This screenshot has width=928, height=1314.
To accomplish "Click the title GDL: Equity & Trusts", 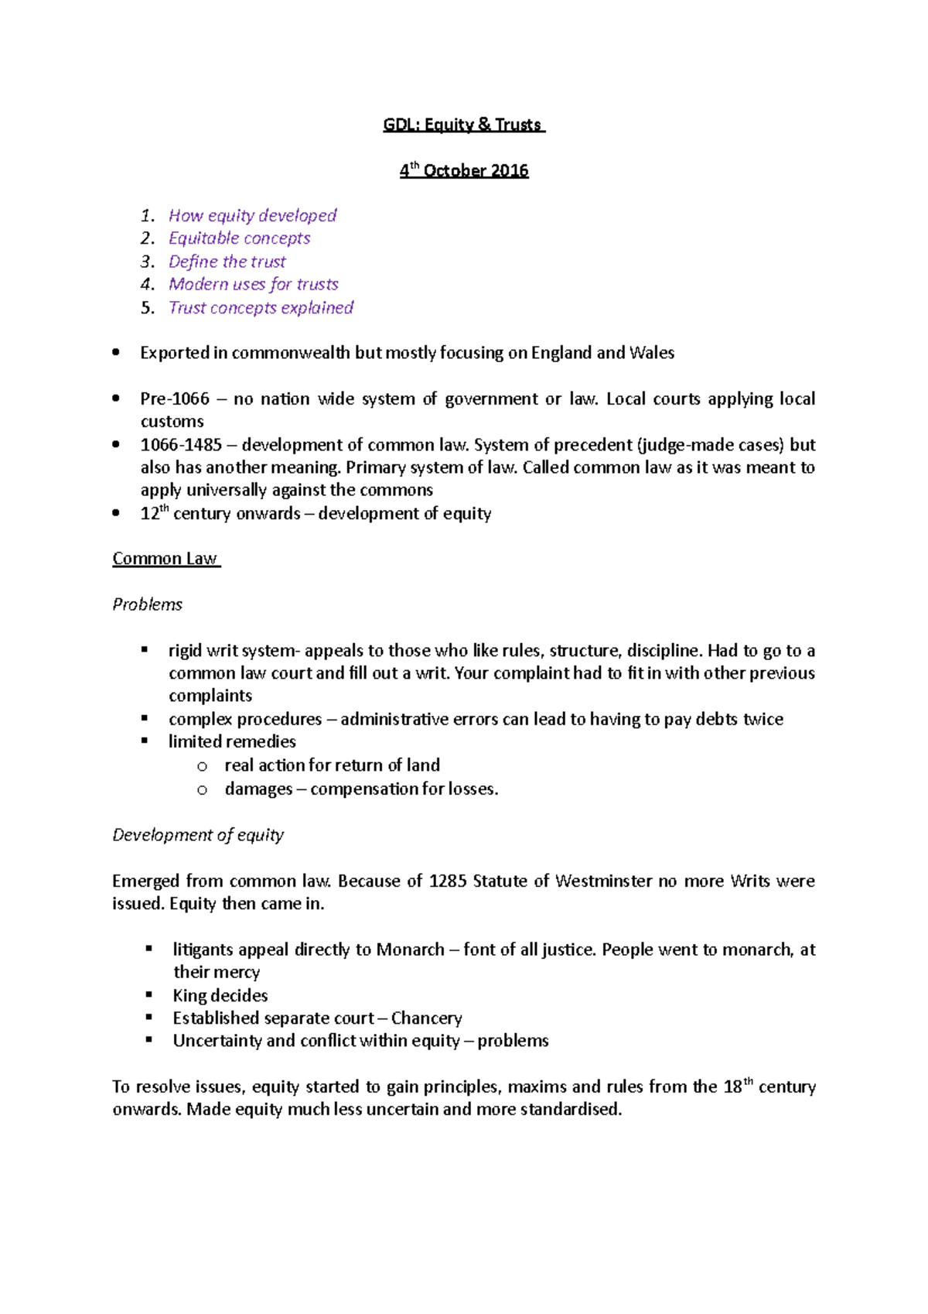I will pyautogui.click(x=463, y=125).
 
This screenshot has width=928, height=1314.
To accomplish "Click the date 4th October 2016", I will pyautogui.click(x=464, y=171).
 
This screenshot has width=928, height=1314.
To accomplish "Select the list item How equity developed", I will pyautogui.click(x=253, y=215).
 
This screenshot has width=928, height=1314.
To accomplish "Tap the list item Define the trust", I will pyautogui.click(x=227, y=262).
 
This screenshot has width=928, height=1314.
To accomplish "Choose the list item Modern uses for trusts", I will pyautogui.click(x=254, y=284).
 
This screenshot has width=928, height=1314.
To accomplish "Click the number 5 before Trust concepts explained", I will pyautogui.click(x=146, y=308).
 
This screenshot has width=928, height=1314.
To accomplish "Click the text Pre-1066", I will pyautogui.click(x=175, y=399).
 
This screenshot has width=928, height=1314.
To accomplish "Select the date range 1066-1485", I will pyautogui.click(x=181, y=445).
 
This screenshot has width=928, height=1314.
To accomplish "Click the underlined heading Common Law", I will pyautogui.click(x=165, y=559).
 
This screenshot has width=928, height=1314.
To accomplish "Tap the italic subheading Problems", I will pyautogui.click(x=147, y=604).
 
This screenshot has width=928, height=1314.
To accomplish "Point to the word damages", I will pyautogui.click(x=258, y=789).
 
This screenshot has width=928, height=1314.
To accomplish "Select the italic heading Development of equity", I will pyautogui.click(x=198, y=835).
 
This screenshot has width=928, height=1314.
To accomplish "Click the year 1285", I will pyautogui.click(x=448, y=881).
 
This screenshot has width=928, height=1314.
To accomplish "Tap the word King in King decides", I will pyautogui.click(x=189, y=995).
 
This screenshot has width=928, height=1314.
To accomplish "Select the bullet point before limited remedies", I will pyautogui.click(x=145, y=741).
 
